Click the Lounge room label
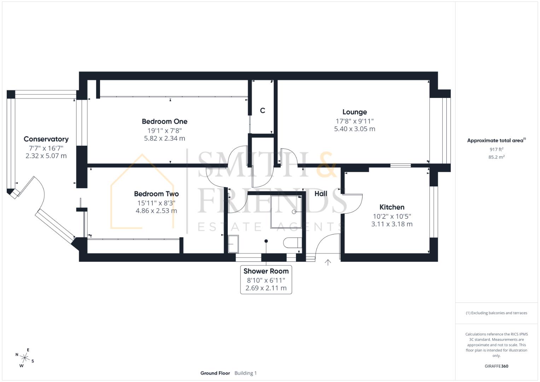(x=354, y=112)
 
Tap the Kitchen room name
(x=392, y=207)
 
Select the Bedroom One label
(x=164, y=121)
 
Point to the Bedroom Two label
(x=156, y=194)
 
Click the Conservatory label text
(x=46, y=139)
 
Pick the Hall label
(x=321, y=193)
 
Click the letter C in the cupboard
(x=262, y=110)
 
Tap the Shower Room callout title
(x=266, y=271)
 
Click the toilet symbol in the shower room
(x=292, y=243)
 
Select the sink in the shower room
(x=233, y=244)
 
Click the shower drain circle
(x=294, y=212)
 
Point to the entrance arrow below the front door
(x=328, y=262)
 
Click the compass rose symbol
(x=25, y=358)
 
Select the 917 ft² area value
(x=496, y=150)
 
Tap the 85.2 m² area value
(x=496, y=157)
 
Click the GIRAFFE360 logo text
(x=496, y=366)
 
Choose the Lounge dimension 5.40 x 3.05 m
(x=354, y=129)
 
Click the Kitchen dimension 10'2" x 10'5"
(x=392, y=216)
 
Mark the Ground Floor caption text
(x=215, y=373)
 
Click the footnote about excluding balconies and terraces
(x=496, y=313)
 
